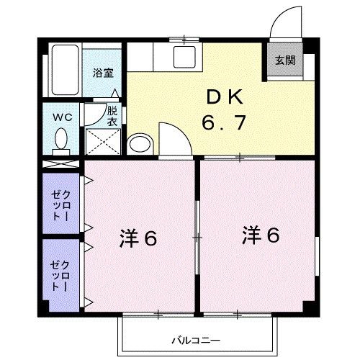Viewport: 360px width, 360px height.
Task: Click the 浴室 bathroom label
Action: [104, 73]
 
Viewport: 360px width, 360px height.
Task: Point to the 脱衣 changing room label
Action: [112, 116]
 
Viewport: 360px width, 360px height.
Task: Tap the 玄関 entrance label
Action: [283, 60]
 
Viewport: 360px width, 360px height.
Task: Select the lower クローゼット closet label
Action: [60, 273]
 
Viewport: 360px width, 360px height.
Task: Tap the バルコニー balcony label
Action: [196, 339]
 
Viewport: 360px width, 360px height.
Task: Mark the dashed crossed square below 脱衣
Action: [102, 142]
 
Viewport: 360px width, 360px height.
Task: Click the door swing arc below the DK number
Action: [173, 139]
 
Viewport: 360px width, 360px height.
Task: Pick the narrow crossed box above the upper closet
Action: [61, 163]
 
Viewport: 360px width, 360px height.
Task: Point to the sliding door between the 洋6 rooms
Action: [198, 237]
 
